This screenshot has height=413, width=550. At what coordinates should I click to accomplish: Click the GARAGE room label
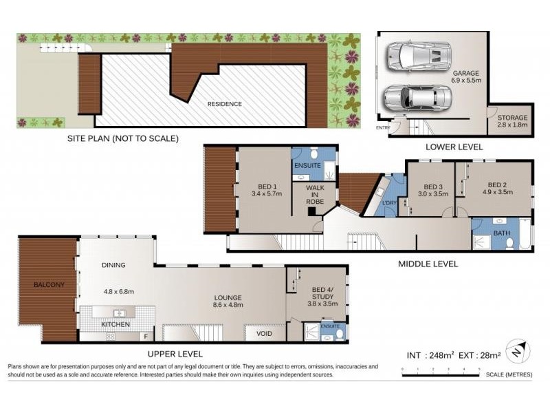[465, 72]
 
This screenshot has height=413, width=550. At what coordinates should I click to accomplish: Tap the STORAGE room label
[512, 118]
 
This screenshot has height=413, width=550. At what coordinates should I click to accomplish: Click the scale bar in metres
[440, 374]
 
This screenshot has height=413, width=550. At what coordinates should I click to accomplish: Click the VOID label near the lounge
[264, 334]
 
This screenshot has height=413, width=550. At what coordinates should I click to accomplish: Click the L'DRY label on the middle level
[390, 203]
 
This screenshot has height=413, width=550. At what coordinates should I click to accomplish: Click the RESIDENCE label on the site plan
[225, 104]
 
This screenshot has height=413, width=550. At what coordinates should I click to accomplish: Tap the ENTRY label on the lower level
[382, 127]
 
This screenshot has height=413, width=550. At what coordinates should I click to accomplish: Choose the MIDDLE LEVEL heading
[428, 264]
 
